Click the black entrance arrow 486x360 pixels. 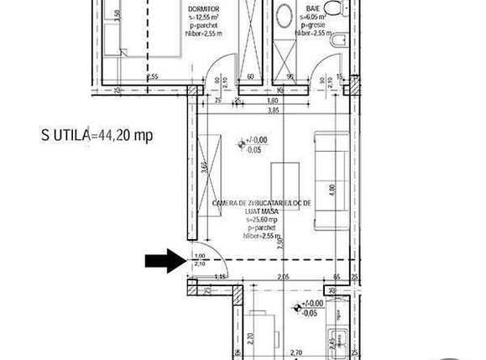(166, 262)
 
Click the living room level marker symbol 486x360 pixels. (243, 143)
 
